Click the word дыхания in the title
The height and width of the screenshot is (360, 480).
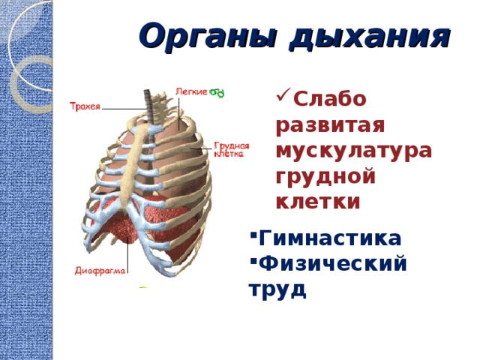click(x=370, y=37)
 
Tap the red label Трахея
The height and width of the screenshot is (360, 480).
click(x=85, y=106)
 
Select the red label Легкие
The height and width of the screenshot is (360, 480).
click(x=191, y=91)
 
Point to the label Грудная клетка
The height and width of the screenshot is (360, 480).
click(x=231, y=149)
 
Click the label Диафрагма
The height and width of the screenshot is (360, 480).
click(x=100, y=271)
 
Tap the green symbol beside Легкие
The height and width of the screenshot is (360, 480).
click(x=217, y=92)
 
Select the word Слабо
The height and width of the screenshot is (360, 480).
click(x=330, y=98)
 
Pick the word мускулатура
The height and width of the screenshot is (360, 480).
click(x=354, y=151)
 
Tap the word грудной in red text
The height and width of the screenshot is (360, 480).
click(x=325, y=177)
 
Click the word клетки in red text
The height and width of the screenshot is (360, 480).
click(x=318, y=202)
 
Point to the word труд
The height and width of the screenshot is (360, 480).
click(x=277, y=289)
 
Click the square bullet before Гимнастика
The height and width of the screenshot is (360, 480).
click(x=253, y=235)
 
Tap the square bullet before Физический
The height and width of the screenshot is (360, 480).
click(x=253, y=261)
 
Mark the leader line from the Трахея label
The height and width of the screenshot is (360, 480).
click(x=124, y=109)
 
